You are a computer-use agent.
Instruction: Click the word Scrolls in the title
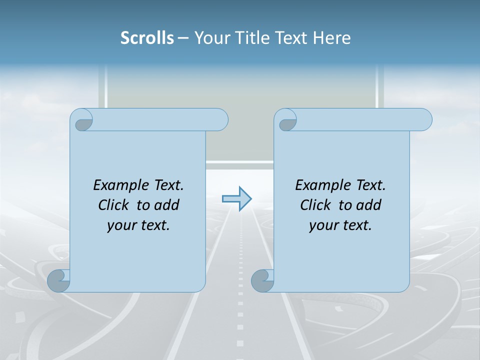coord(147,38)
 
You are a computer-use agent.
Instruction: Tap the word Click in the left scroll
coord(109,205)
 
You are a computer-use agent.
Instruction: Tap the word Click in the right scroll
coord(311,205)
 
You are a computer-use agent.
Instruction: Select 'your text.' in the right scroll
coord(340,225)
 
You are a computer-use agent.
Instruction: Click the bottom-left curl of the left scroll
coord(58,280)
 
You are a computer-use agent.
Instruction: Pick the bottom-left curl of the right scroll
coord(262,280)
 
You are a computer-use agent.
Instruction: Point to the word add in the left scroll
coord(167,205)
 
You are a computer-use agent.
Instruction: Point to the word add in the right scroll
coord(369,205)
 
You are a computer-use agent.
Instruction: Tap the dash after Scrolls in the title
coord(183,38)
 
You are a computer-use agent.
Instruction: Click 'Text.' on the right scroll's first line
coord(370,185)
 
